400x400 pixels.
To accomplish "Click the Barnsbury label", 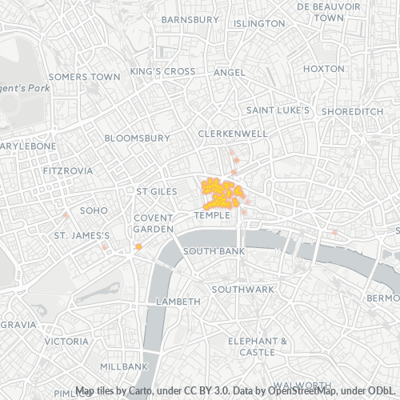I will tap(190, 18).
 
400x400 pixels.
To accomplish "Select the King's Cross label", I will tap(163, 71).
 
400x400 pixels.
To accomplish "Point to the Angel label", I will tap(230, 72).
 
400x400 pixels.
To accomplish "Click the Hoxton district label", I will tap(323, 69).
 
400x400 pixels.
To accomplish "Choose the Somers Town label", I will tap(84, 77).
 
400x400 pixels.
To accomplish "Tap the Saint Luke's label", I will tap(278, 110).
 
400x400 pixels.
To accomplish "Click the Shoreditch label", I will tap(352, 112).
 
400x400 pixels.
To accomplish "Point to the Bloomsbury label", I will tap(137, 138).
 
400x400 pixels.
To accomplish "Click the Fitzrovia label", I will tap(68, 171).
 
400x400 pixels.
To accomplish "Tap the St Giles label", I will tap(156, 192).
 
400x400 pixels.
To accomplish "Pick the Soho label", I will tap(94, 210).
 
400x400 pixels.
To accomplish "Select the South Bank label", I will tap(214, 251).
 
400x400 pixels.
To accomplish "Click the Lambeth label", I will tap(178, 302).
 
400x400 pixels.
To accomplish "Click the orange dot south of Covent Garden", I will tap(138, 247).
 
